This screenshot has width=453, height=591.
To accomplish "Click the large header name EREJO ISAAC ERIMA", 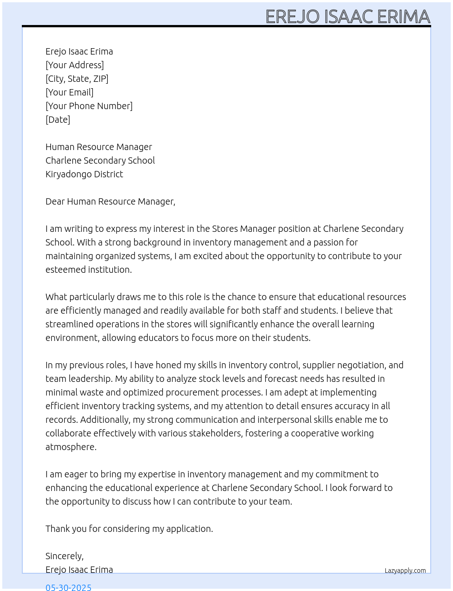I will (347, 16).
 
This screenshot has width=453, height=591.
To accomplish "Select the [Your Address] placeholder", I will (75, 65).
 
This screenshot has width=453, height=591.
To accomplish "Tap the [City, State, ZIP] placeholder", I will (77, 79).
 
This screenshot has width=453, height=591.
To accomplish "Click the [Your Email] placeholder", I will (70, 92).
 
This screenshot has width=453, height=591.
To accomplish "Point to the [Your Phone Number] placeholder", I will (89, 106).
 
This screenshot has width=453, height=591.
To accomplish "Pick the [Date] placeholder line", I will (58, 120).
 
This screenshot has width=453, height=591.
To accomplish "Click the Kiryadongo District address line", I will (84, 174).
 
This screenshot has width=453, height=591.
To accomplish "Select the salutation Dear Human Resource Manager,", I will (110, 201).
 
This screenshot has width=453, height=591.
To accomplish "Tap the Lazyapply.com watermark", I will (405, 571).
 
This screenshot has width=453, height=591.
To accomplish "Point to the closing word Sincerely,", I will (65, 556).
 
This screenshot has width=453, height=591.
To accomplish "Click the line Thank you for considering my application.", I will (129, 529).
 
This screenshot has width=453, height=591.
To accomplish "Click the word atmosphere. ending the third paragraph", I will (71, 447).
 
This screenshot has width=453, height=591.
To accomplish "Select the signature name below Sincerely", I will (79, 570).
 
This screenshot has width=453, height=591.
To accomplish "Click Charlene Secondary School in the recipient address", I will (100, 160).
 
